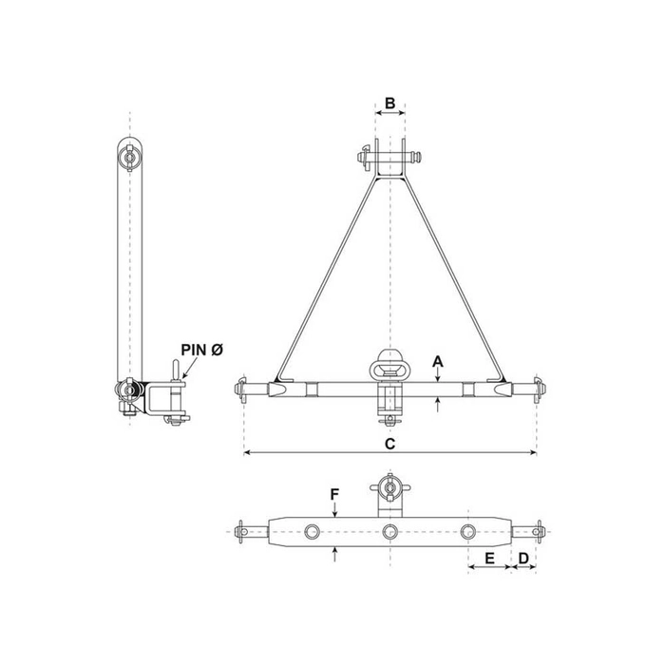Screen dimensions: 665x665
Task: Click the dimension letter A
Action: pyautogui.click(x=436, y=361)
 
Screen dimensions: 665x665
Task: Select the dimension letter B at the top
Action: pyautogui.click(x=389, y=103)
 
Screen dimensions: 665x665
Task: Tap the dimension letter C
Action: pyautogui.click(x=390, y=443)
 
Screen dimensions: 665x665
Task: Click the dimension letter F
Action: pyautogui.click(x=333, y=494)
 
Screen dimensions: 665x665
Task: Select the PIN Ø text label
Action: pyautogui.click(x=200, y=351)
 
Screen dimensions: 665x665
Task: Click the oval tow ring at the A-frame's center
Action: pyautogui.click(x=390, y=361)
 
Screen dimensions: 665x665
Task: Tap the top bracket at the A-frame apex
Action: pyautogui.click(x=390, y=158)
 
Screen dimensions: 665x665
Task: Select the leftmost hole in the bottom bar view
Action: pyautogui.click(x=313, y=532)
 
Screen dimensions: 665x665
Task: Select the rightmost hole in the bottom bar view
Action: pyautogui.click(x=467, y=532)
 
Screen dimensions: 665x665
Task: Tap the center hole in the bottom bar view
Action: pyautogui.click(x=389, y=532)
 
